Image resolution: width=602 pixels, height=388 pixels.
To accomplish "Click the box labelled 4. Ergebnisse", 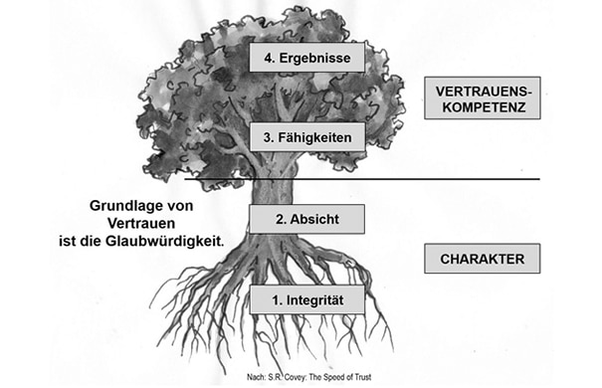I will [306, 58].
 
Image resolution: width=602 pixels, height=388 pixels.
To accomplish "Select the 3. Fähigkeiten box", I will [306, 136].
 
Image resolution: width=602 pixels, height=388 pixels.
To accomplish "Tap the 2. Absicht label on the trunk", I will [306, 217].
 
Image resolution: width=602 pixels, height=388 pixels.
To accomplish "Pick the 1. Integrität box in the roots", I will [306, 297].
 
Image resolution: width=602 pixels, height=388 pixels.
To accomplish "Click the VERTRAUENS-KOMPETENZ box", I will [481, 98].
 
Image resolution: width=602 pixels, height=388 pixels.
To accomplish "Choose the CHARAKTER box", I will [481, 261].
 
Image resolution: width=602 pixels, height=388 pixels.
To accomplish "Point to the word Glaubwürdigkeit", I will [175, 240].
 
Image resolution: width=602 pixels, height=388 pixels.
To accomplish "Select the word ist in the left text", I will [90, 240].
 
